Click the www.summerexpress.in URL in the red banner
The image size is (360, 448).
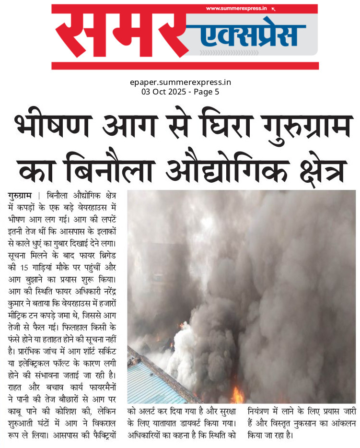(x=237, y=9)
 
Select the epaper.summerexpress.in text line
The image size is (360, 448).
(x=180, y=83)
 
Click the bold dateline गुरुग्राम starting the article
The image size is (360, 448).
(x=20, y=196)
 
